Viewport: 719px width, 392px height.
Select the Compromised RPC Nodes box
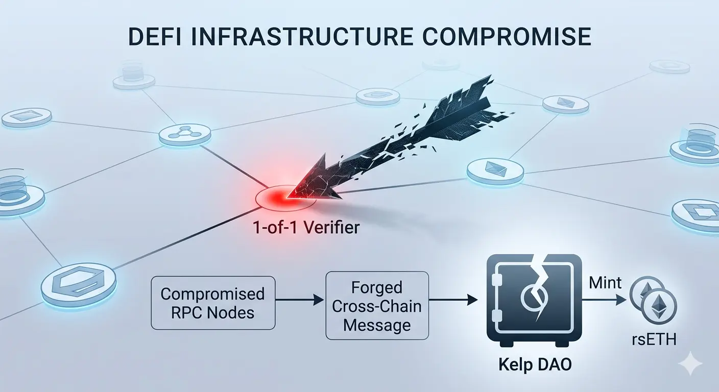click(x=213, y=303)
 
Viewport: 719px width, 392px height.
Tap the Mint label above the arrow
click(x=606, y=282)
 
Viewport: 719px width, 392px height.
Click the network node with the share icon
click(x=184, y=134)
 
